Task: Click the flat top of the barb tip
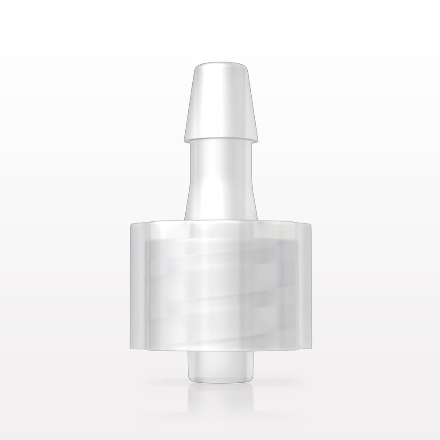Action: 220,66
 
